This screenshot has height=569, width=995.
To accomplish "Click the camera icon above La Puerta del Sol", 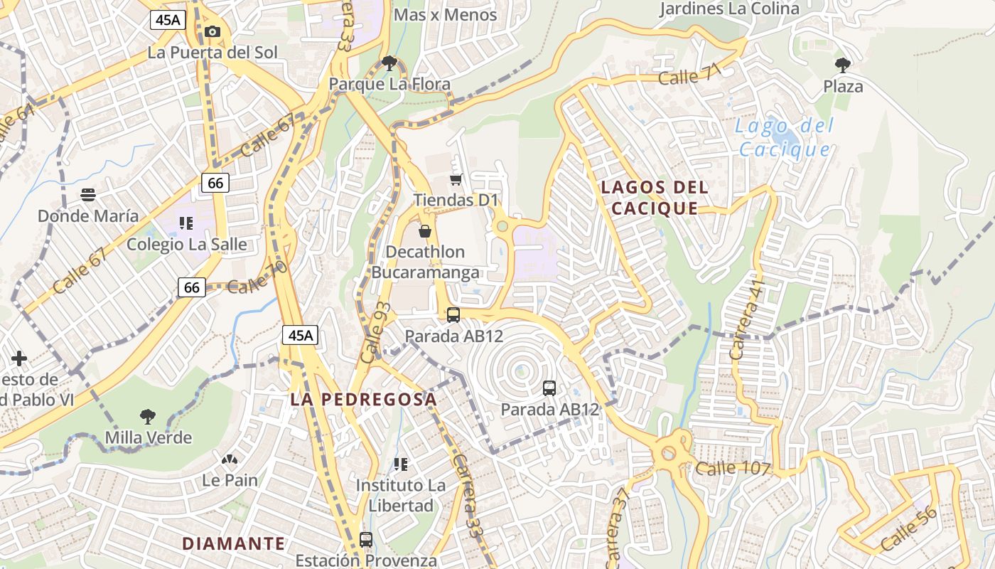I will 212,31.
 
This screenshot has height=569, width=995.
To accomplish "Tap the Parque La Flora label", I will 389,84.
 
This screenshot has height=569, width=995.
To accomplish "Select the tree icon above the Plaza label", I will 843,65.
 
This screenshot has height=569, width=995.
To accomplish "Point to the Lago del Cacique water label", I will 784,138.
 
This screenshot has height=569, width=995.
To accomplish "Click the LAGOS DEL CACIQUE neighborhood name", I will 655,198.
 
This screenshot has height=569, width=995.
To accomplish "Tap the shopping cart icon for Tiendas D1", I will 456,179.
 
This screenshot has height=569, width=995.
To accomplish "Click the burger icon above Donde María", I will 88,194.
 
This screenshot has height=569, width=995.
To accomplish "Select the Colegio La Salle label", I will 187,244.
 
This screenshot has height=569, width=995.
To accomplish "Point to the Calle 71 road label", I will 689,73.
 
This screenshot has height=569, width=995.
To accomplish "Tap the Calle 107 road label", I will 733,468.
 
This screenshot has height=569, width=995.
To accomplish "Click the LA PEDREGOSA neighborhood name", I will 363,399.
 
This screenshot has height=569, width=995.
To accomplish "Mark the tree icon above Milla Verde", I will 148,416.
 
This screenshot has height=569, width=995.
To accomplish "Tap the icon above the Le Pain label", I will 229,459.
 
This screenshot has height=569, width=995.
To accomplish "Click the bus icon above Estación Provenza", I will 366,539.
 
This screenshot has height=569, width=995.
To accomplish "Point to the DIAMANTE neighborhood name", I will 233,543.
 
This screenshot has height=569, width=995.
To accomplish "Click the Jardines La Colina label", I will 729,9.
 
